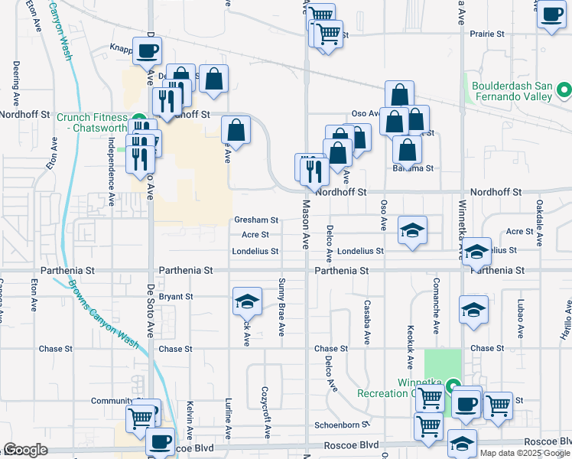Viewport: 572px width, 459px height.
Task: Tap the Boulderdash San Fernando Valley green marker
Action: tap(565, 91)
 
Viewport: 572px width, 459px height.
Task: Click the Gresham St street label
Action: tap(255, 220)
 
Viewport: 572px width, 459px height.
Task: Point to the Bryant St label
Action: tap(176, 296)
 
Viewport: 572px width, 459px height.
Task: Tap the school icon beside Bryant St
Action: tap(247, 302)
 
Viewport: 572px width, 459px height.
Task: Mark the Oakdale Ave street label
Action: tap(540, 223)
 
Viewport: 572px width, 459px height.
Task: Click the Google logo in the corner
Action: tap(25, 450)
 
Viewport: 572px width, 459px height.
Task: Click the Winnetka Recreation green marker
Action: tap(453, 386)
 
